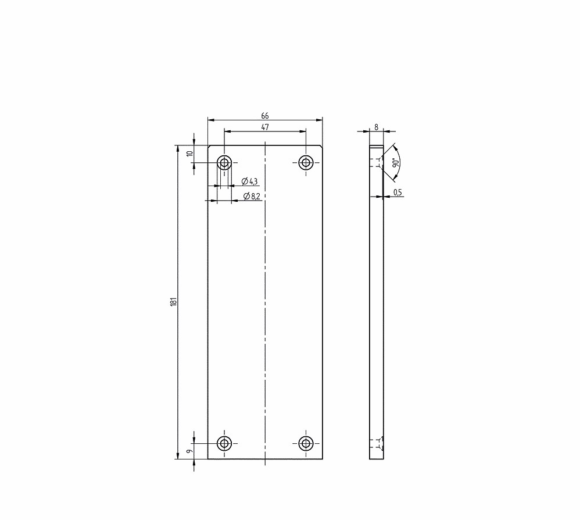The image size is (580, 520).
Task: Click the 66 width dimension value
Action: (265, 116)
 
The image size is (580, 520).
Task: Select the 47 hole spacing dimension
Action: (265, 127)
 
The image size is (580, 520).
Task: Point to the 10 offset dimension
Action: (190, 153)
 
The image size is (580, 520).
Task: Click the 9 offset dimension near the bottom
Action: (190, 451)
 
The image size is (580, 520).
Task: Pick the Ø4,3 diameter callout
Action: (250, 181)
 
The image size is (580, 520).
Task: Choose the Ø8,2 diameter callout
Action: (252, 197)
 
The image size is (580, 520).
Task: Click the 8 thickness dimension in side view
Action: (376, 127)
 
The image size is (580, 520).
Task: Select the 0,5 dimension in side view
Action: (398, 192)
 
